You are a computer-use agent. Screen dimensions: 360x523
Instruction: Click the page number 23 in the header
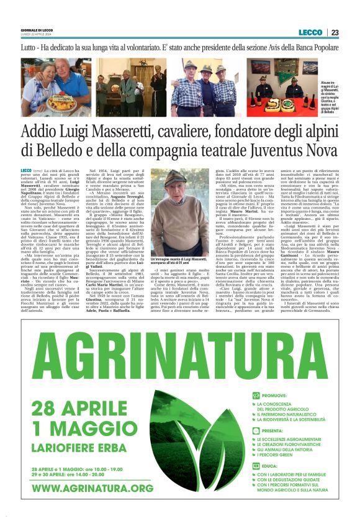point(335,32)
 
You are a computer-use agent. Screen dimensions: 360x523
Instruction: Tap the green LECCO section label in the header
point(310,32)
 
